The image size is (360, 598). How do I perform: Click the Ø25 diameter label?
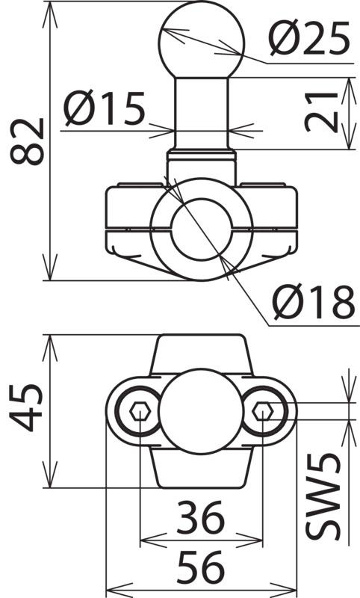tap(309, 38)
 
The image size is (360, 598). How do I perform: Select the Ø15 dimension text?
tap(105, 108)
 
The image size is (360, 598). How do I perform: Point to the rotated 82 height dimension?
tap(27, 141)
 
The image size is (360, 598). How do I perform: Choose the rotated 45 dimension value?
tap(26, 407)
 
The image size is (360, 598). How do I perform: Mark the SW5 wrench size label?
tap(323, 496)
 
